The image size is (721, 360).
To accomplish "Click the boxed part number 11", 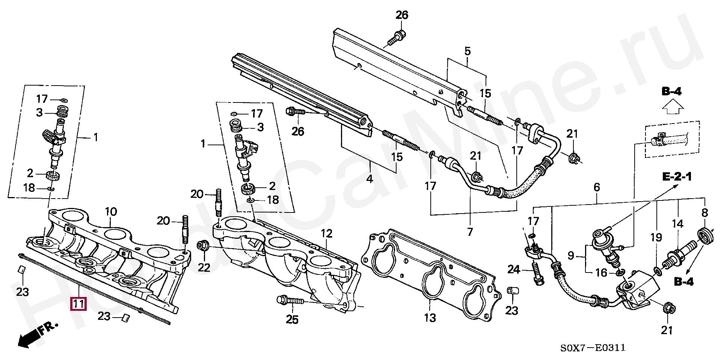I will click(78, 303).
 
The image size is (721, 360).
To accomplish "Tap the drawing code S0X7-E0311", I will click(593, 348).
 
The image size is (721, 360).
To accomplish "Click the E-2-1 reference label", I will click(677, 176).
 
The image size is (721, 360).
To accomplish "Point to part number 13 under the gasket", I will click(430, 318).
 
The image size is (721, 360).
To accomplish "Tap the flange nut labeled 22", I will click(203, 246).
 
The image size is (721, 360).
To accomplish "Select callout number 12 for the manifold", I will click(326, 233).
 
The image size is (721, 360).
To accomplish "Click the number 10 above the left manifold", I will click(111, 212).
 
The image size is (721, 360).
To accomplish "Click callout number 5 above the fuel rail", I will click(467, 51).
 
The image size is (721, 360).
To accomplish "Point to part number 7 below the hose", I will click(470, 232).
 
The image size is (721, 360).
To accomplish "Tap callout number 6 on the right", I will click(597, 187).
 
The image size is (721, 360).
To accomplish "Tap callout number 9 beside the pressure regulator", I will click(571, 256).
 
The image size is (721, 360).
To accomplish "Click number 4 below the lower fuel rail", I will click(370, 179).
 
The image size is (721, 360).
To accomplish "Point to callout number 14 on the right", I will click(677, 224).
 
